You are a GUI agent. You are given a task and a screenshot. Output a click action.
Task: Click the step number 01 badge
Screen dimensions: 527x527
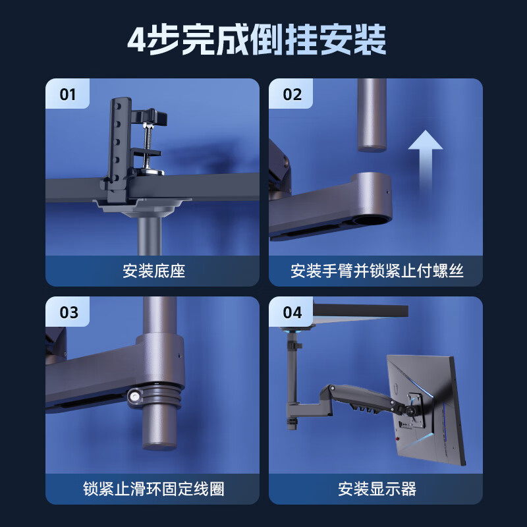pos(68,94)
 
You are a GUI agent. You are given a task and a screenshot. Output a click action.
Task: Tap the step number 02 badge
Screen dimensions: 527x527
pos(292,94)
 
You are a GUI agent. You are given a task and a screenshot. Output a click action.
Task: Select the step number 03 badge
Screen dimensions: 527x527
pos(69,312)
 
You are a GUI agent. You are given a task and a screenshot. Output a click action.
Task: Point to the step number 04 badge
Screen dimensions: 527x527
pos(292,312)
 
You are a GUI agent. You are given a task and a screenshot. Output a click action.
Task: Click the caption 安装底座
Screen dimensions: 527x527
pos(153,271)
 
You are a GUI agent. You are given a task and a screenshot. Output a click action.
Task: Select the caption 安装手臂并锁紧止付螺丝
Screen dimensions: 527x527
pos(377,271)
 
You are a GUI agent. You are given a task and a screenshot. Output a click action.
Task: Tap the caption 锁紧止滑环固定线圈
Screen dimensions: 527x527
pos(153,489)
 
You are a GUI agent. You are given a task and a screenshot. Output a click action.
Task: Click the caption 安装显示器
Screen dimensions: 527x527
pos(377,489)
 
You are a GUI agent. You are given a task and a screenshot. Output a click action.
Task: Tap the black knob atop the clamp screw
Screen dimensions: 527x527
pos(153,117)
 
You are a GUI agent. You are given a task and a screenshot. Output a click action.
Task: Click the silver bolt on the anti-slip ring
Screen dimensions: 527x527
pos(135,397)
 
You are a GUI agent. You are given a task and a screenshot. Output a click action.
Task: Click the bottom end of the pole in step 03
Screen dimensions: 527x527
pos(159,447)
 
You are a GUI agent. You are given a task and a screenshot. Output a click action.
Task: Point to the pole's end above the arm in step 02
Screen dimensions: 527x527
pos(372,148)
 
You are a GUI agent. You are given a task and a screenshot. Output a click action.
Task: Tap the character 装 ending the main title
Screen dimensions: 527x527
pos(370,40)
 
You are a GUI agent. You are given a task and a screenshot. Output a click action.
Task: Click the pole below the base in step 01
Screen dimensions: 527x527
pos(150,236)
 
